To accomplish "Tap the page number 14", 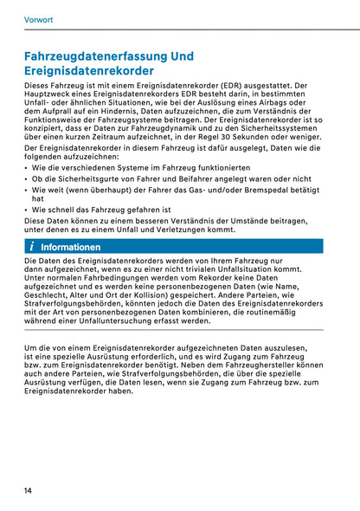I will (x=29, y=491).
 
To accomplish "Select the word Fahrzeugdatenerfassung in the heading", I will (x=97, y=56).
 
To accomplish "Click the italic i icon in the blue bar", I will (x=32, y=247).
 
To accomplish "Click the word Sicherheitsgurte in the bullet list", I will (x=81, y=178).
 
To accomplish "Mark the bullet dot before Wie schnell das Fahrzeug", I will (x=27, y=210).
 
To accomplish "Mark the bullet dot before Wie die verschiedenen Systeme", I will (x=27, y=169).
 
